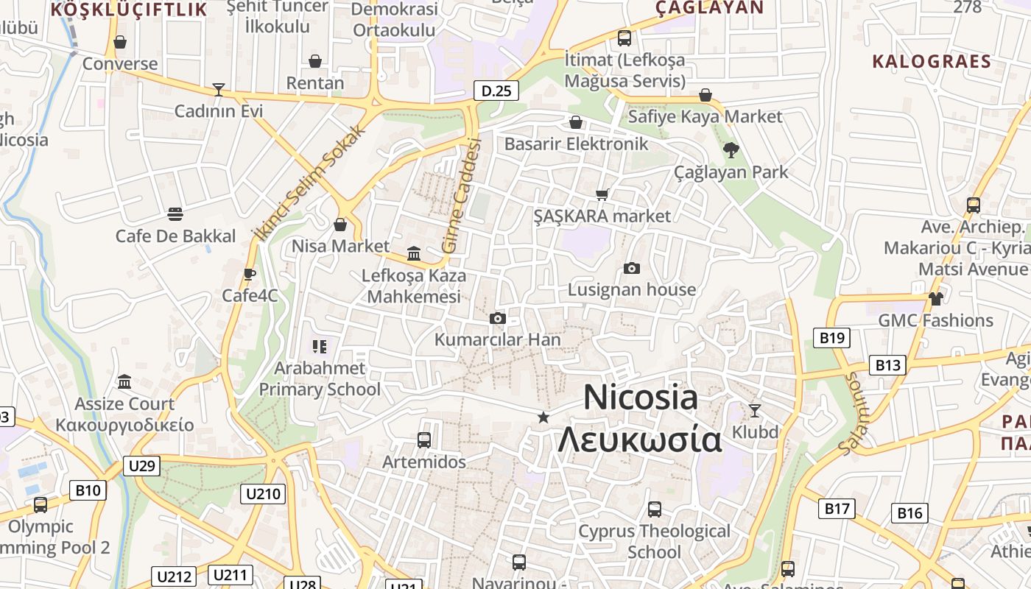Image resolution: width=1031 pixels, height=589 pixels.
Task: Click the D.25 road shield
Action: [496, 91]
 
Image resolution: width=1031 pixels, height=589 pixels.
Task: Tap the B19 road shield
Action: [831, 338]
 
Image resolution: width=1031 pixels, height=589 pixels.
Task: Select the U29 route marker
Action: [141, 465]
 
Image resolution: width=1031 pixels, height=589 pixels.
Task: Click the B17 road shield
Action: [837, 508]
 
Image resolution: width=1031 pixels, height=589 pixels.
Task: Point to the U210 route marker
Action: [262, 493]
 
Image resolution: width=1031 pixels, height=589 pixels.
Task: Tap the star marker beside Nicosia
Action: [543, 417]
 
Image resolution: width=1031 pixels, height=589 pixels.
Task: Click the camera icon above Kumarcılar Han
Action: [498, 319]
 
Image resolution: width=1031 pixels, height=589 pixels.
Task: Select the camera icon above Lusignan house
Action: [631, 269]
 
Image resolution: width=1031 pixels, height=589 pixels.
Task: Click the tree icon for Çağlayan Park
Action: [731, 151]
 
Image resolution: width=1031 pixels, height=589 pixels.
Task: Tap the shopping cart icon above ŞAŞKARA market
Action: [602, 194]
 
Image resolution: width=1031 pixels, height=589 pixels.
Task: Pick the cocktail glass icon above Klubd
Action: [755, 410]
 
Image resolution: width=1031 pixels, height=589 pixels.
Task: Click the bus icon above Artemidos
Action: [424, 440]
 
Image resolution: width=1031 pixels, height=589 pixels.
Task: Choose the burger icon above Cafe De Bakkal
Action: [175, 214]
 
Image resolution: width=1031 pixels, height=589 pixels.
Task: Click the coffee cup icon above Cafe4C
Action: [250, 274]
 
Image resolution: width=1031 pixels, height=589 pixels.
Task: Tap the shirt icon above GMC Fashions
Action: [935, 298]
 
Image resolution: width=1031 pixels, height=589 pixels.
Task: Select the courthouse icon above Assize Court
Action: [124, 382]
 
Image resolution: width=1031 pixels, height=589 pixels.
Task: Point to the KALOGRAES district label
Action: [932, 61]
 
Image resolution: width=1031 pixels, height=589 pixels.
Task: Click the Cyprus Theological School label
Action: [654, 541]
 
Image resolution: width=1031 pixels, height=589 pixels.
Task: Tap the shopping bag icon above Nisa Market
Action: [340, 225]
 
